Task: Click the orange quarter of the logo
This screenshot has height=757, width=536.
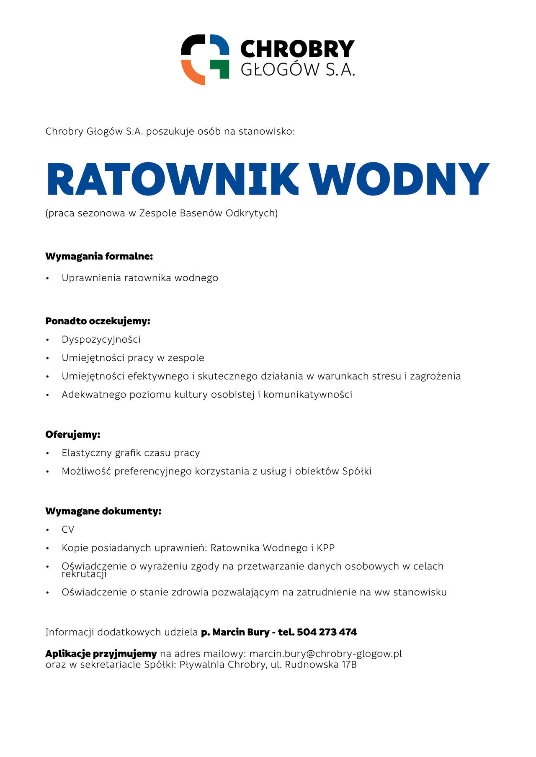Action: pyautogui.click(x=191, y=72)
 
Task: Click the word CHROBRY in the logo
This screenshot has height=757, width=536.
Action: pyautogui.click(x=297, y=49)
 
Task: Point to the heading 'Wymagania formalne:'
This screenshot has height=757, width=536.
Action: pyautogui.click(x=99, y=256)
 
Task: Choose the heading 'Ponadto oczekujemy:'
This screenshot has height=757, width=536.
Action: pyautogui.click(x=98, y=321)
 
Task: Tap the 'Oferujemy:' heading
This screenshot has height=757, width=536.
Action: pyautogui.click(x=73, y=434)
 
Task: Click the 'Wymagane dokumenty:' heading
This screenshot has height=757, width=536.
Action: pyautogui.click(x=103, y=511)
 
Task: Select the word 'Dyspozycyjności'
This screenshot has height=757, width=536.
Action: pyautogui.click(x=101, y=339)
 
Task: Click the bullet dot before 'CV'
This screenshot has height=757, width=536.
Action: pyautogui.click(x=48, y=530)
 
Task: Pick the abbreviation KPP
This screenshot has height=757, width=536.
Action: pyautogui.click(x=325, y=548)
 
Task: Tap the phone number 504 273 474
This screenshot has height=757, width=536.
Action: pyautogui.click(x=327, y=632)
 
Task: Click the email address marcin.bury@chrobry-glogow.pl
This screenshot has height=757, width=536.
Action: pyautogui.click(x=325, y=654)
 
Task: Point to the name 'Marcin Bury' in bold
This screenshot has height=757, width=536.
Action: pyautogui.click(x=241, y=632)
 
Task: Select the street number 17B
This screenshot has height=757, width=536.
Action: pyautogui.click(x=349, y=665)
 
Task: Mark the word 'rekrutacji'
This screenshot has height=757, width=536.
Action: pyautogui.click(x=84, y=574)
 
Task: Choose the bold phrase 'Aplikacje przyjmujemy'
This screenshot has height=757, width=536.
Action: pyautogui.click(x=101, y=654)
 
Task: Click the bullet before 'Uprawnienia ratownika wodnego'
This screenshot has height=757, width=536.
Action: pyautogui.click(x=48, y=278)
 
